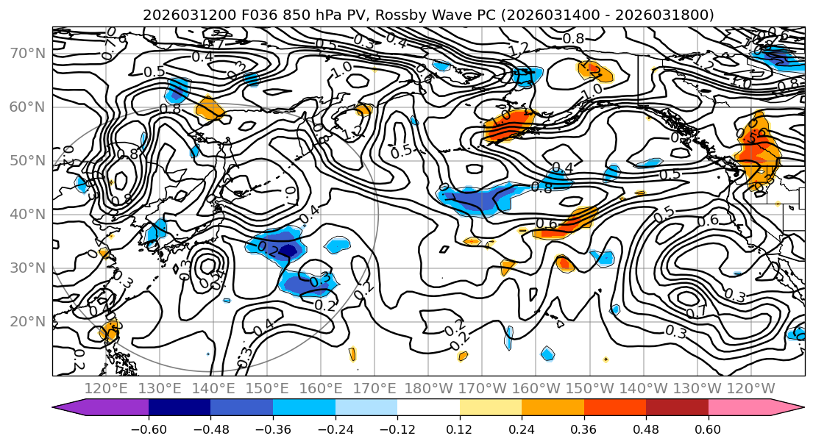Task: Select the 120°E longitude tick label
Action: click(104, 388)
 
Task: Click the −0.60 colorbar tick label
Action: click(149, 429)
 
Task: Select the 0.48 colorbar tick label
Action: click(646, 429)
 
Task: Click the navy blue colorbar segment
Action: click(180, 408)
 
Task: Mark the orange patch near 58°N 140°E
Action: click(210, 111)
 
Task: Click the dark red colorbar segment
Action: click(677, 408)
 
